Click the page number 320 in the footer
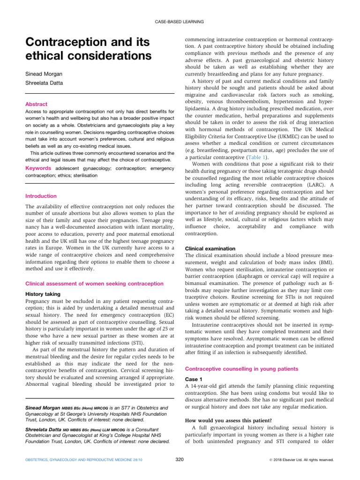click(x=180, y=459)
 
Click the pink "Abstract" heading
click(x=37, y=105)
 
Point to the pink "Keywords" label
click(x=38, y=167)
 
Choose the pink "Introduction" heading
click(x=41, y=196)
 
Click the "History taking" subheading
click(x=43, y=294)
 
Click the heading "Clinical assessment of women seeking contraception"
click(x=94, y=284)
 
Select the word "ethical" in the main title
click(x=45, y=56)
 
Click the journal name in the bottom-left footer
click(x=79, y=460)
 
